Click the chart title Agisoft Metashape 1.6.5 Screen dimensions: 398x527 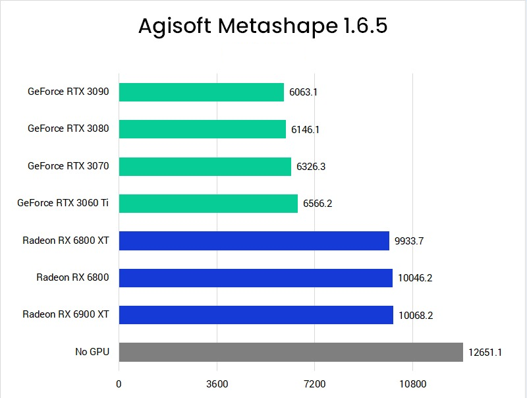click(x=263, y=26)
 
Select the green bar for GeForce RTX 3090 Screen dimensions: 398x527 click(x=201, y=92)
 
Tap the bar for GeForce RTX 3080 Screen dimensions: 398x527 click(x=202, y=129)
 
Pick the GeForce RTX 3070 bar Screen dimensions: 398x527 click(x=205, y=167)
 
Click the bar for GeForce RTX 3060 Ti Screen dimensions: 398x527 click(x=208, y=204)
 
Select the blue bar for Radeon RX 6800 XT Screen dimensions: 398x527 click(x=254, y=241)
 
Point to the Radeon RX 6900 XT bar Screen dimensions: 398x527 click(x=256, y=315)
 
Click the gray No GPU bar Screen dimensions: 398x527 click(x=291, y=352)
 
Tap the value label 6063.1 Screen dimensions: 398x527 click(x=303, y=92)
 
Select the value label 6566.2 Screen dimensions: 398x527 click(x=318, y=204)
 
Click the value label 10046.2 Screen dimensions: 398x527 click(x=415, y=278)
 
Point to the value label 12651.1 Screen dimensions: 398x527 click(x=485, y=353)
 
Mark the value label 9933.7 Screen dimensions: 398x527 click(x=409, y=241)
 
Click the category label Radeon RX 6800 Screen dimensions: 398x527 click(x=72, y=277)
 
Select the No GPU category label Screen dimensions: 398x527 click(x=92, y=352)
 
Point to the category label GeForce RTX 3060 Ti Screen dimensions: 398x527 click(x=63, y=204)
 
